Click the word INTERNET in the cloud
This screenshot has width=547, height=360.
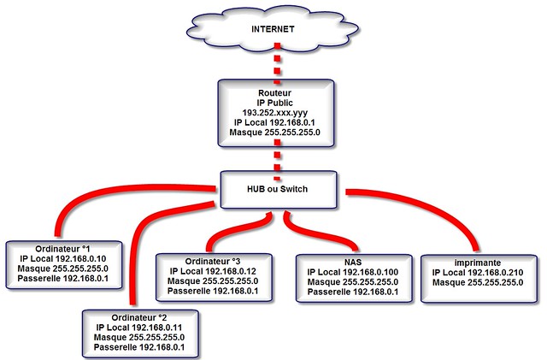(273, 29)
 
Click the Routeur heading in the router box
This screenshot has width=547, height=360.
(273, 90)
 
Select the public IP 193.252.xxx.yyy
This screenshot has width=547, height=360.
(273, 112)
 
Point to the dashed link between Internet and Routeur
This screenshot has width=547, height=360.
(273, 63)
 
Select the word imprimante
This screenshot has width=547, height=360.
(476, 261)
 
